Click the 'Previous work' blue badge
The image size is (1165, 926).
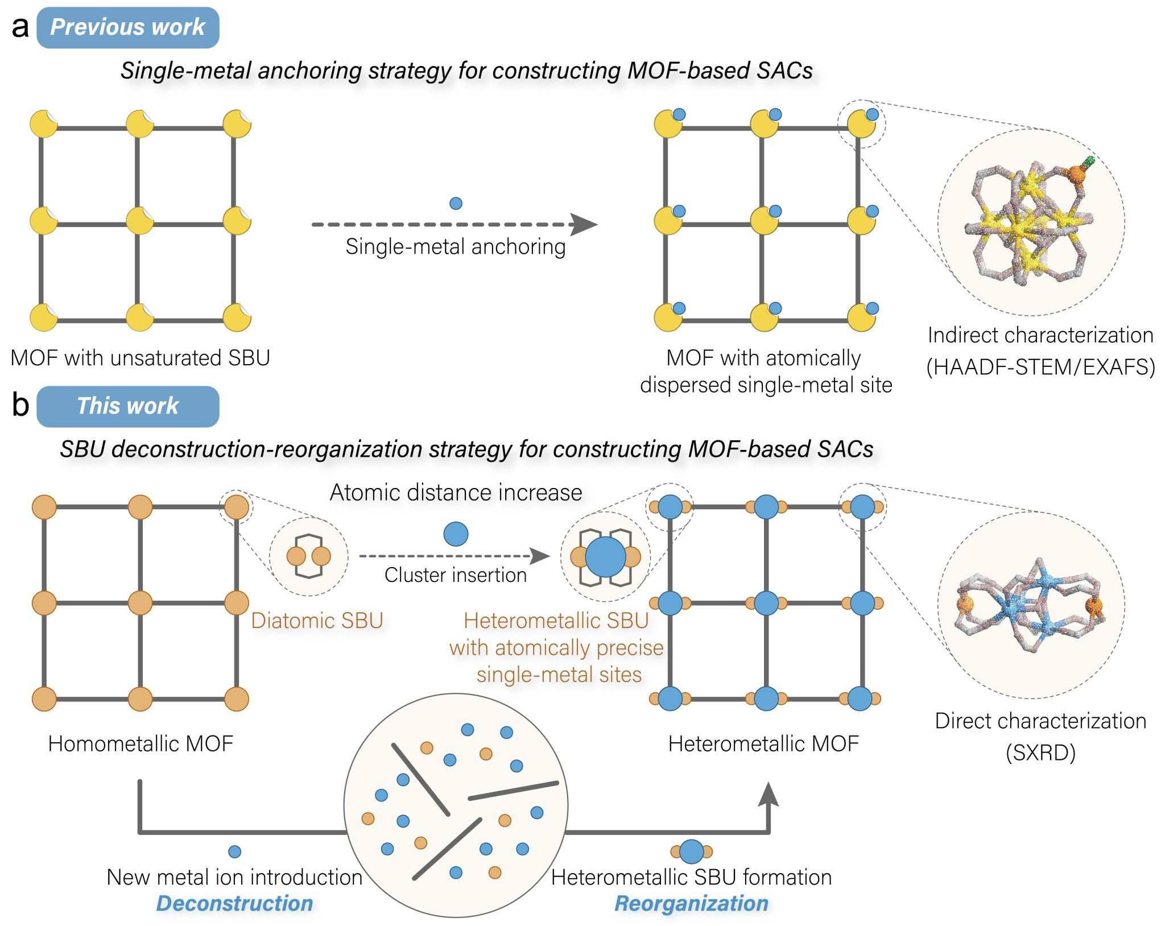coord(127,27)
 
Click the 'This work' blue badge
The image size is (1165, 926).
coord(127,406)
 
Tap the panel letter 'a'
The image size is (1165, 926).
coord(20,27)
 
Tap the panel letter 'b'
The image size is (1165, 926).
coord(20,405)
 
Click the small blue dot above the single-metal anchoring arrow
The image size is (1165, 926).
coord(456,203)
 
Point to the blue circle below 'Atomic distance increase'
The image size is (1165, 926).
coord(456,534)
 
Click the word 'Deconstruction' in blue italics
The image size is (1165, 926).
coord(234,903)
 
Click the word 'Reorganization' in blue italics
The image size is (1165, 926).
coord(691,903)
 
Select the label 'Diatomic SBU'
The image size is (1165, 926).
coord(317,621)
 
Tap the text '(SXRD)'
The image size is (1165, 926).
coord(1040,753)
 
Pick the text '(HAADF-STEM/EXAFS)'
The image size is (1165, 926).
coord(1040,367)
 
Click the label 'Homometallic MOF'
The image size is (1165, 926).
coord(141,743)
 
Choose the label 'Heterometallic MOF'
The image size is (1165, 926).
coord(763,743)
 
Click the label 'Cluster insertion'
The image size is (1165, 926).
coord(455,575)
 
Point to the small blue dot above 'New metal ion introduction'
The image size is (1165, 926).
coord(234,851)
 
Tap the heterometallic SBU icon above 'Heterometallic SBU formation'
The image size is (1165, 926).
coord(691,851)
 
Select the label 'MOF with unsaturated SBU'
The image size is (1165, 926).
coord(140,358)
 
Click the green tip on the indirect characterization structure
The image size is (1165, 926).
coord(1089,162)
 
